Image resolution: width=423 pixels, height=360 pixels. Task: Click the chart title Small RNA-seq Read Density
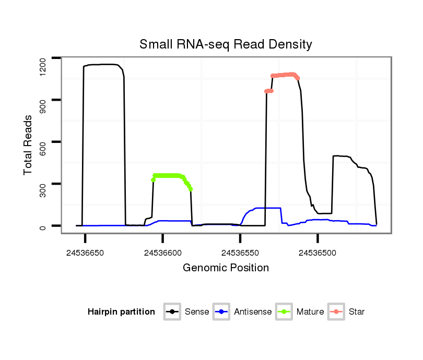pyautogui.click(x=226, y=44)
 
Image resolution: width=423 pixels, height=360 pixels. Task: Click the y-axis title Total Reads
pyautogui.click(x=29, y=145)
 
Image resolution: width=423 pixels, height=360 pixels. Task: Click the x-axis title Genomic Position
pyautogui.click(x=226, y=268)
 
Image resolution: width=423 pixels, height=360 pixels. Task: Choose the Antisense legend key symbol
pyautogui.click(x=221, y=312)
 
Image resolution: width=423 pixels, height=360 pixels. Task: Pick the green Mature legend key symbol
pyautogui.click(x=284, y=312)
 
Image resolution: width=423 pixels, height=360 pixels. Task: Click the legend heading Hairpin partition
pyautogui.click(x=121, y=312)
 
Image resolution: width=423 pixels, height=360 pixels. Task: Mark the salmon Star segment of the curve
pyautogui.click(x=285, y=75)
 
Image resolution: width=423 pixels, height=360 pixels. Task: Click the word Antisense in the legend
pyautogui.click(x=253, y=312)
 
